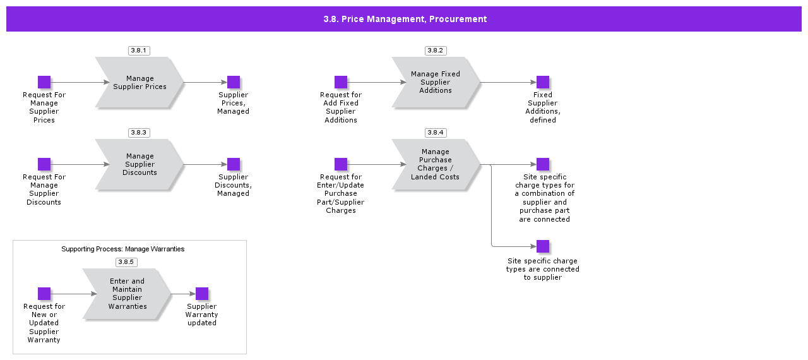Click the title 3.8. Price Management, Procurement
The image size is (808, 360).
405,19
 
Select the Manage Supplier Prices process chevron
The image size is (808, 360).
140,83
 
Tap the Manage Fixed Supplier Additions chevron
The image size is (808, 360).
436,83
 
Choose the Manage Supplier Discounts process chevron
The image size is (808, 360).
140,165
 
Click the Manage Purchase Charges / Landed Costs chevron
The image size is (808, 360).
436,165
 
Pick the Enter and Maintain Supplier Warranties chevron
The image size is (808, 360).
127,294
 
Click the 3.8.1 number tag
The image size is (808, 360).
139,51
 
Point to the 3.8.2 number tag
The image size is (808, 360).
436,51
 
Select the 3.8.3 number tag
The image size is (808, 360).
139,133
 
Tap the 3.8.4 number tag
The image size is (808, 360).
436,133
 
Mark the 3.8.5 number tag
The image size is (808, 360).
126,262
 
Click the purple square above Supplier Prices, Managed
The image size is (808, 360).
234,82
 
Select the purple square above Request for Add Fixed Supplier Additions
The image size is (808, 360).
341,82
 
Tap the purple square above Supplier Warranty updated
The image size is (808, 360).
202,294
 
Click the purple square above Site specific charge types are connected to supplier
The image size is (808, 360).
543,246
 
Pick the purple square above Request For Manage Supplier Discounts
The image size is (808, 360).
44,164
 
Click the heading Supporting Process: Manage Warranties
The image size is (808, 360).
123,249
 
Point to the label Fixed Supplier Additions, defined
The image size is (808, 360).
543,107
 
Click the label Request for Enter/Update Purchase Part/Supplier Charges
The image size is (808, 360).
341,194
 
